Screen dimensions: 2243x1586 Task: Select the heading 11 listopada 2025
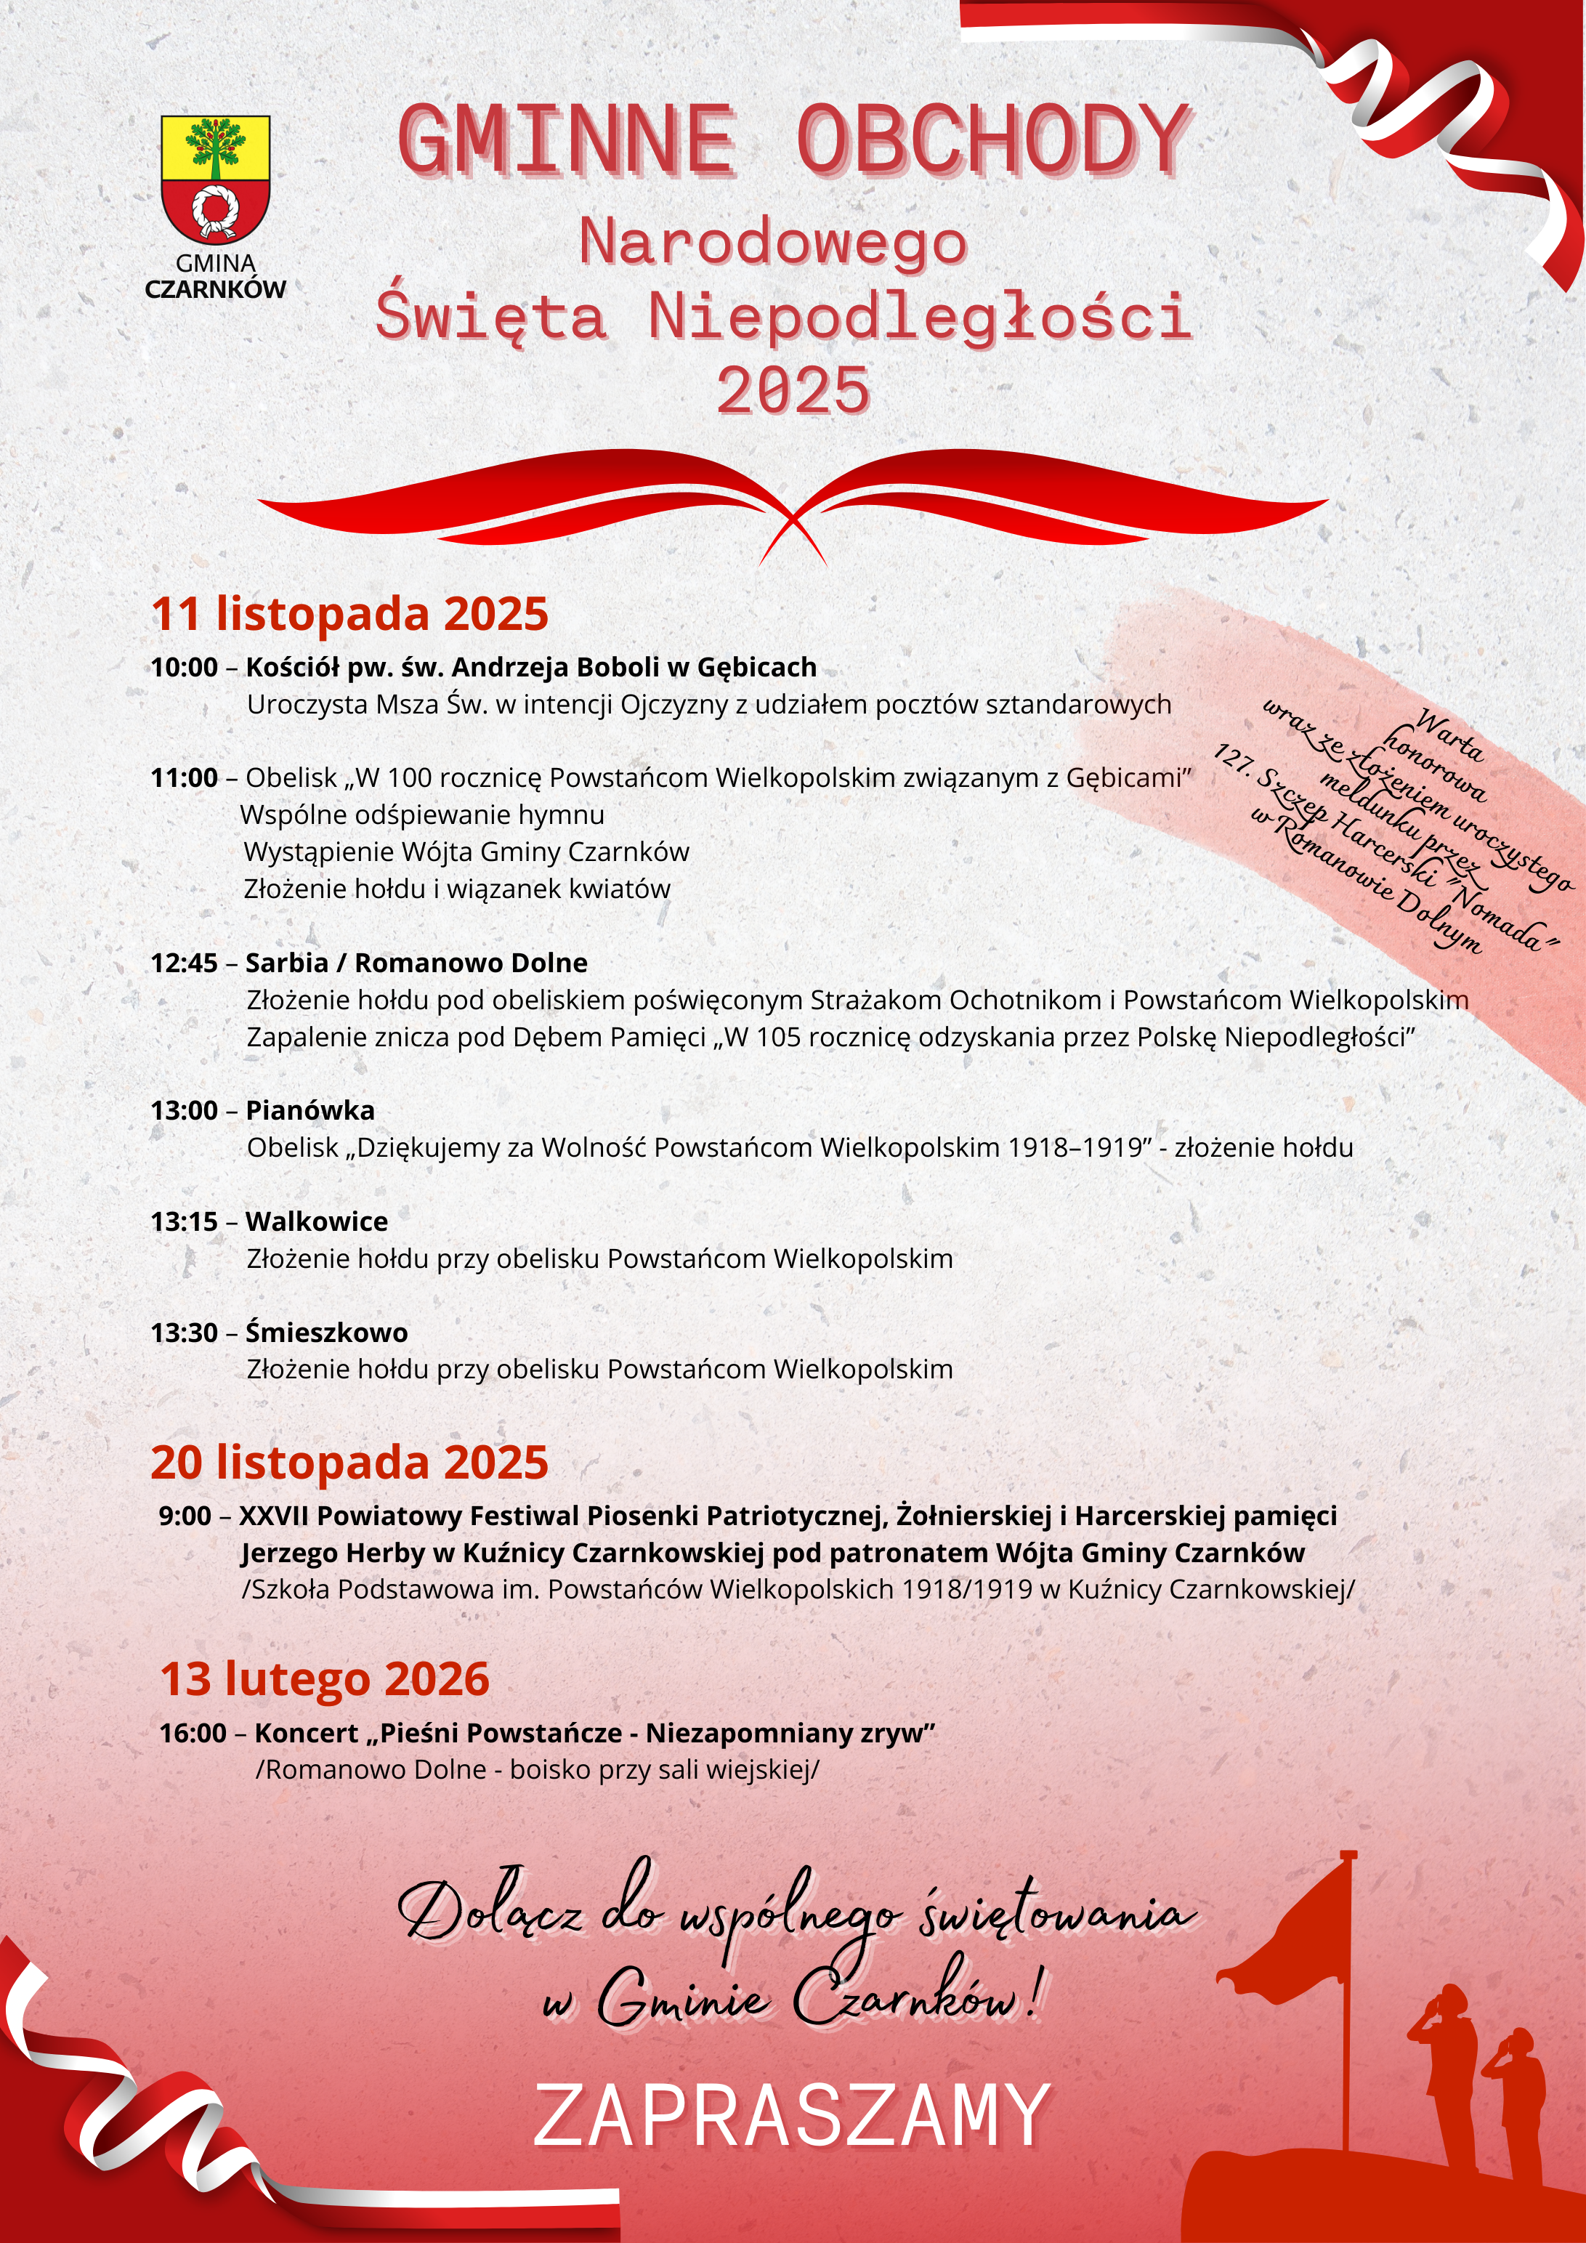349,613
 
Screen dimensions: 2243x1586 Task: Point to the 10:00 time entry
184,667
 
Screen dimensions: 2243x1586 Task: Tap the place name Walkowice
317,1221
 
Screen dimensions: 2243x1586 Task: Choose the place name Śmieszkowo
326,1332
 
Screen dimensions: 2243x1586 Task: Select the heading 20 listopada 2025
349,1463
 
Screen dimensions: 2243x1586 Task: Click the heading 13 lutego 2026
324,1679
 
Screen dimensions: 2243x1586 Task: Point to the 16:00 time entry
193,1733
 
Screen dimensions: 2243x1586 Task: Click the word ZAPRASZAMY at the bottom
791,2116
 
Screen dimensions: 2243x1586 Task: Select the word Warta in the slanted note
1449,735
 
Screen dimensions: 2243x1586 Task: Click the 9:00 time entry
185,1515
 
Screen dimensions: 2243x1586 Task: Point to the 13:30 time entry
184,1332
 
